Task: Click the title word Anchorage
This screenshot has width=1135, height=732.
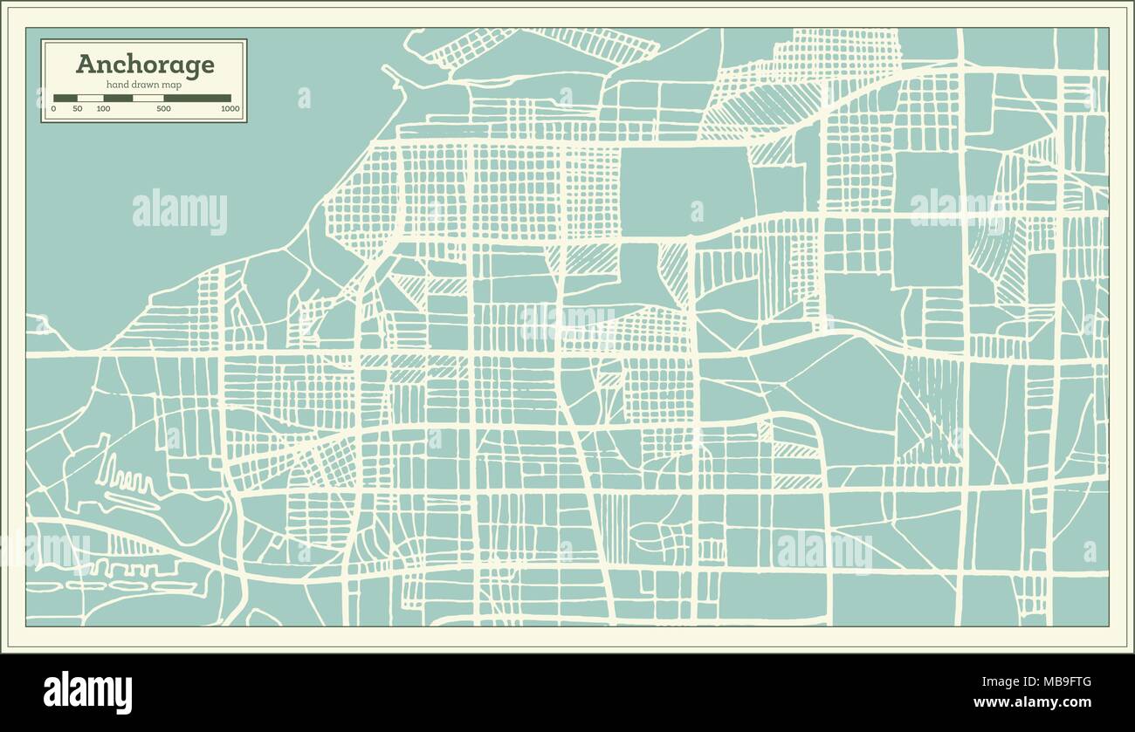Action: pyautogui.click(x=145, y=64)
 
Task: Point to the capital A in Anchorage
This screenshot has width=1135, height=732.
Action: pyautogui.click(x=86, y=64)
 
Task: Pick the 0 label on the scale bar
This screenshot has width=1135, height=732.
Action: pyautogui.click(x=53, y=109)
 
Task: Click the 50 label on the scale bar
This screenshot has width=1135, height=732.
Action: pyautogui.click(x=78, y=109)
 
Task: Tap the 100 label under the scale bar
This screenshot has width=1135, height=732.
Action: pyautogui.click(x=103, y=109)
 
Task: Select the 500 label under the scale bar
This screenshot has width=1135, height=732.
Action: pyautogui.click(x=163, y=109)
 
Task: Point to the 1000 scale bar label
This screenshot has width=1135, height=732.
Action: pyautogui.click(x=230, y=109)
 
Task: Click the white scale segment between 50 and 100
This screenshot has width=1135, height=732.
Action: pyautogui.click(x=91, y=99)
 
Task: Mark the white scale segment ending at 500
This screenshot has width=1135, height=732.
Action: pyautogui.click(x=148, y=99)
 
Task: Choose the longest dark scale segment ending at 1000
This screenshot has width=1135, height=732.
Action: pyautogui.click(x=197, y=99)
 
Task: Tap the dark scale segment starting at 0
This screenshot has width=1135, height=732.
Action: pyautogui.click(x=65, y=99)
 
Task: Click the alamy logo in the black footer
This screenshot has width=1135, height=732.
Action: pyautogui.click(x=87, y=693)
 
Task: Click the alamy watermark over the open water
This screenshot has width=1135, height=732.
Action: pyautogui.click(x=180, y=211)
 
